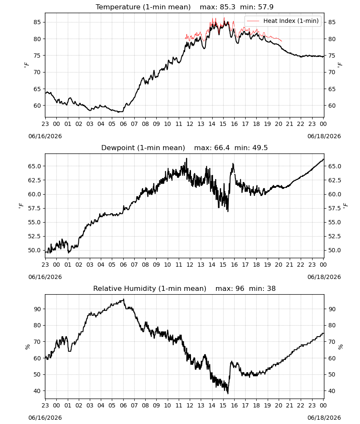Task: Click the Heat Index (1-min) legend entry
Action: [x=283, y=21]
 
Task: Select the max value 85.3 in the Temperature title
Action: [x=228, y=7]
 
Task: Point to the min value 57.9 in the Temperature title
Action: [x=266, y=7]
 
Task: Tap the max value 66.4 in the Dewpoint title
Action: [x=222, y=148]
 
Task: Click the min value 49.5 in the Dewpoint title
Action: [x=260, y=148]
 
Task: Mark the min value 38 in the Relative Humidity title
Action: [x=271, y=288]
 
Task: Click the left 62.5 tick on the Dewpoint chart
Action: [x=35, y=180]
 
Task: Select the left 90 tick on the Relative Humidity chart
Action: [x=37, y=309]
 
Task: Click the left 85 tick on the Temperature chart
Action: [x=37, y=22]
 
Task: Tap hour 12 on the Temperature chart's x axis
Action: [x=190, y=124]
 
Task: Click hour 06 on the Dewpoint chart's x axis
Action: [x=123, y=265]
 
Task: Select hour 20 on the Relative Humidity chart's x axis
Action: [x=278, y=405]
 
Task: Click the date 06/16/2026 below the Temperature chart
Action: [x=45, y=136]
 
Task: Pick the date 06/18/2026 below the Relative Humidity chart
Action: [x=324, y=418]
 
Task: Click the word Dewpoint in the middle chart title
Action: [x=118, y=148]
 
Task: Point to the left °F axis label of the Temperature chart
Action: [x=26, y=64]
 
